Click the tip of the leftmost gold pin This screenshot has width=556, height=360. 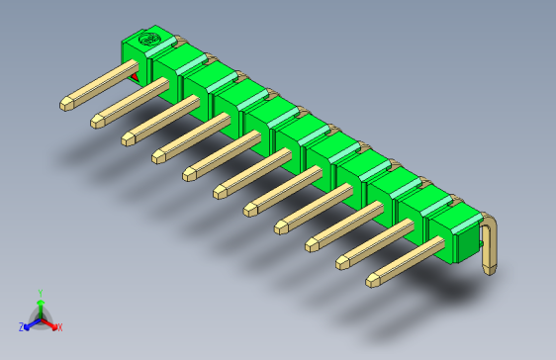66,102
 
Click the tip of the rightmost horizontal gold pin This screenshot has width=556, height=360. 373,281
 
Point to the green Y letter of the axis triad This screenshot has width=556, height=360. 40,294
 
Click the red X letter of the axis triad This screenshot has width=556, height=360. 59,326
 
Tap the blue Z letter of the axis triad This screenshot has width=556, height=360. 21,326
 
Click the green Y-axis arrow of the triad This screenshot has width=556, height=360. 40,308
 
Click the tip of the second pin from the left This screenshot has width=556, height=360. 97,122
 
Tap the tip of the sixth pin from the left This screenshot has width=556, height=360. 219,191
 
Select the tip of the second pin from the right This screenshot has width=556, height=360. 342,262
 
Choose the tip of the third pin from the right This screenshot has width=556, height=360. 312,244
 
